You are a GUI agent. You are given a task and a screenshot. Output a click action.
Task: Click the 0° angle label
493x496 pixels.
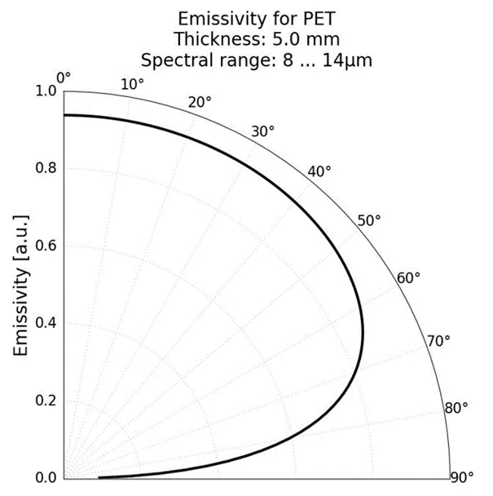tap(64, 77)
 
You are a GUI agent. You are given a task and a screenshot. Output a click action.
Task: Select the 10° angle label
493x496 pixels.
tap(133, 84)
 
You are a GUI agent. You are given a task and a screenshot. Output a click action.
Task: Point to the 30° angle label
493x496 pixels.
tap(262, 131)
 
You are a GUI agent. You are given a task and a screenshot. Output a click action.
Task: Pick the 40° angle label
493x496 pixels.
tap(319, 170)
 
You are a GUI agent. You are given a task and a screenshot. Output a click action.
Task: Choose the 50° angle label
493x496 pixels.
tap(370, 220)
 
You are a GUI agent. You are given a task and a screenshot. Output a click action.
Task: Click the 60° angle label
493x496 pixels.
tap(408, 277)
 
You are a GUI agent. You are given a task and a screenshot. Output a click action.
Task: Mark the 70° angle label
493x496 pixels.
tap(438, 340)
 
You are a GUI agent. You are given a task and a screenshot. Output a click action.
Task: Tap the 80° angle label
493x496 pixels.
tap(456, 407)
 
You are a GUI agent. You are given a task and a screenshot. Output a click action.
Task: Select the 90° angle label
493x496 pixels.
tap(462, 476)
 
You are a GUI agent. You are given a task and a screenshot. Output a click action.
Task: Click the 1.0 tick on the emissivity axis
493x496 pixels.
tap(47, 91)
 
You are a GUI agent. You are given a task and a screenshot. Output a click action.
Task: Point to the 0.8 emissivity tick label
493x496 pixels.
tap(47, 169)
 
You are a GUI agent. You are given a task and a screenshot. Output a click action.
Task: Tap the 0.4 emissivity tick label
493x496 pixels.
tap(47, 323)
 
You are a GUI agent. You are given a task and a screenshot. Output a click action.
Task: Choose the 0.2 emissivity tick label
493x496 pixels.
tap(47, 400)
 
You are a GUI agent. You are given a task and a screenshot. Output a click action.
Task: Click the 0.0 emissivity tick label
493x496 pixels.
tap(47, 477)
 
